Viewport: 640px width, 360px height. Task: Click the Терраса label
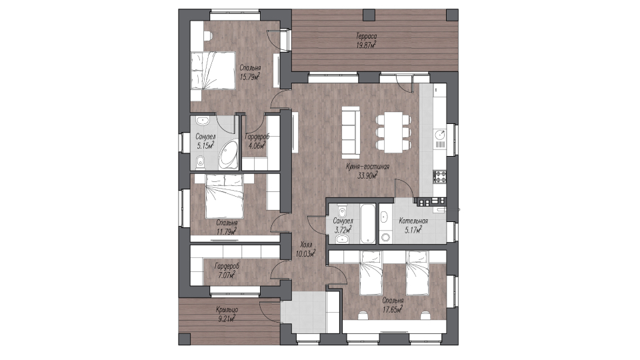point(366,36)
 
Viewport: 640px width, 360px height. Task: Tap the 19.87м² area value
point(366,45)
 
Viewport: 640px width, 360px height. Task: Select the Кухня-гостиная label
point(368,167)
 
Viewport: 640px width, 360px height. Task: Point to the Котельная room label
point(413,221)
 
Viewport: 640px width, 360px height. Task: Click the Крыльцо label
point(227,310)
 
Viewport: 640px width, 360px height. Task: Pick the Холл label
point(306,245)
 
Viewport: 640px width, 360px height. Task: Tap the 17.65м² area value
point(393,309)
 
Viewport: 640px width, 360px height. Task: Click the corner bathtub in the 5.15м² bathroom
point(229,155)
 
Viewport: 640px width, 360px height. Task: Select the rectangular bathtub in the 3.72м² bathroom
point(367,223)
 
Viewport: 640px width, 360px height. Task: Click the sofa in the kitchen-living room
point(351,131)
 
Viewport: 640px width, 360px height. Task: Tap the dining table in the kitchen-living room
point(393,132)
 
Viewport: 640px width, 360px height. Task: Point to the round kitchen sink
point(440,134)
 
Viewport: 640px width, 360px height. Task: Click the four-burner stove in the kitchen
point(440,176)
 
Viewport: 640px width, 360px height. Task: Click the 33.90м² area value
point(367,176)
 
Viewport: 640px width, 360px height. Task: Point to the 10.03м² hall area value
point(306,253)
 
